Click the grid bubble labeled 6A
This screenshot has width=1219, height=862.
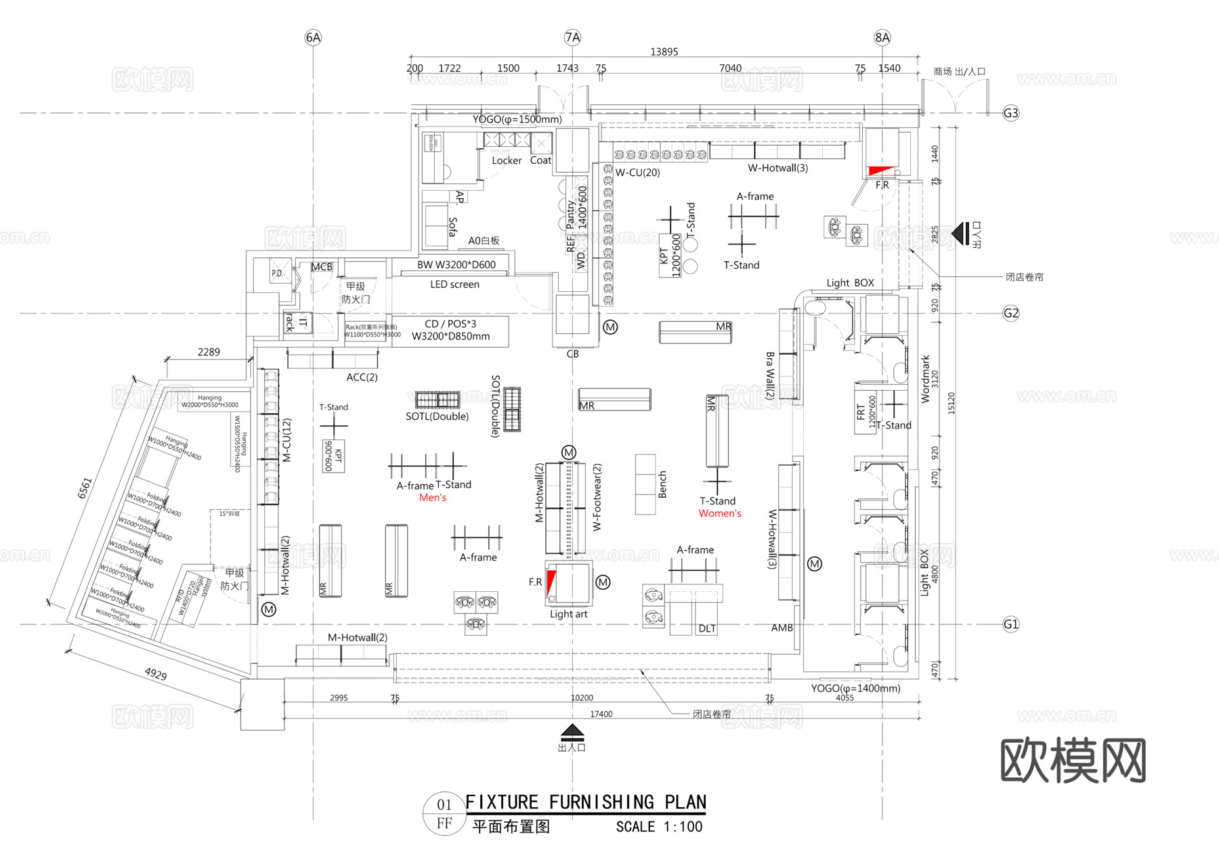[313, 38]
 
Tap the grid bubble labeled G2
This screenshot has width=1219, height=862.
[1010, 314]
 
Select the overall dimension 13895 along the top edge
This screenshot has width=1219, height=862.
[664, 52]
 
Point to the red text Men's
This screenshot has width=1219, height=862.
[433, 498]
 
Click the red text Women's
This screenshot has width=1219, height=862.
[720, 513]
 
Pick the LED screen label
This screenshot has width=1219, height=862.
[454, 284]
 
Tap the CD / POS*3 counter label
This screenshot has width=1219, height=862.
[450, 324]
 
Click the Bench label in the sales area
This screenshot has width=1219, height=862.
[662, 485]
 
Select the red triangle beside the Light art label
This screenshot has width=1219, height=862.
[551, 583]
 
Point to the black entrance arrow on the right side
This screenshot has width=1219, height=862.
[961, 234]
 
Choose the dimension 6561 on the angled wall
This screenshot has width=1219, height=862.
[85, 488]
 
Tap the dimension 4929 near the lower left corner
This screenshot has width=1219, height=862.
[156, 674]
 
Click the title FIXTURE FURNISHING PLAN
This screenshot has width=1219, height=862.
[586, 802]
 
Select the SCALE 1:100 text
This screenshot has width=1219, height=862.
[659, 827]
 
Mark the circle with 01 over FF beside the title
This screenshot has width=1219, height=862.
[444, 813]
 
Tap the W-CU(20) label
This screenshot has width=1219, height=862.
[637, 173]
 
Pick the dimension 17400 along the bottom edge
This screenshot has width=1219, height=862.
[601, 714]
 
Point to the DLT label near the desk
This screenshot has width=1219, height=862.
[707, 628]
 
